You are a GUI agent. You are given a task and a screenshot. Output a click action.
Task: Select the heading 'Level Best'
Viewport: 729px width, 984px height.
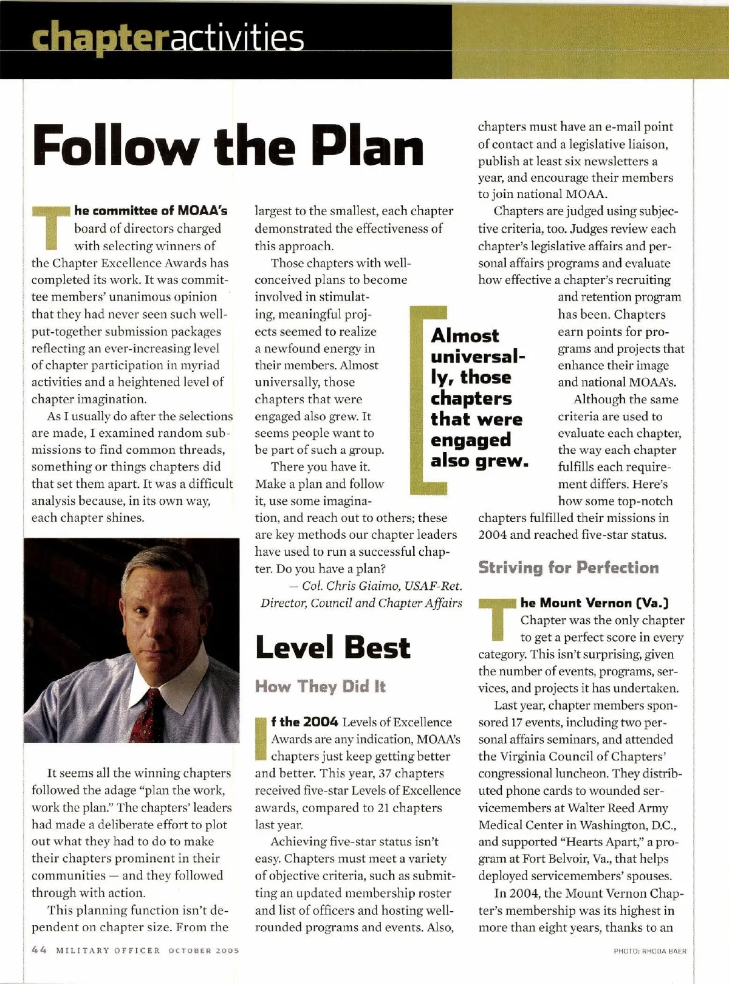[x=333, y=647]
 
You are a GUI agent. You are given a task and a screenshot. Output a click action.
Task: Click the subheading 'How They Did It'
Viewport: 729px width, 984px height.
[x=320, y=687]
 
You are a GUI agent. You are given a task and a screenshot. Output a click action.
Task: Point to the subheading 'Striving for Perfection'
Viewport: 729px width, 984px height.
[x=568, y=568]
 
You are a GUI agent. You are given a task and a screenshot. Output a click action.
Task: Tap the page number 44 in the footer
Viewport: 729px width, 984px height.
[x=39, y=950]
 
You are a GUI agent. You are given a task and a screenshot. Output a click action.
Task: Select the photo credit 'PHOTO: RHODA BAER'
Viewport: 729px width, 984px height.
[x=650, y=951]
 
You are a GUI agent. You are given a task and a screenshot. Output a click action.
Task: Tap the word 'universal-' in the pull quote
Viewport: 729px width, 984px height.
[x=477, y=357]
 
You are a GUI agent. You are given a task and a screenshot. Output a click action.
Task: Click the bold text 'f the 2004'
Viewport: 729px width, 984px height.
[x=304, y=722]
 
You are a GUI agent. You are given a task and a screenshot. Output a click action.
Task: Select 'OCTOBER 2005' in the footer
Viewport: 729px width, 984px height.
[x=204, y=951]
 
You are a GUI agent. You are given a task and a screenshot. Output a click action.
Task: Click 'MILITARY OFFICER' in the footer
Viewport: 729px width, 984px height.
[x=108, y=951]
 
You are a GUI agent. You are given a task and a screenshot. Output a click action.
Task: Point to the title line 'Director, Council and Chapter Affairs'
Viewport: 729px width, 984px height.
[x=361, y=603]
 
